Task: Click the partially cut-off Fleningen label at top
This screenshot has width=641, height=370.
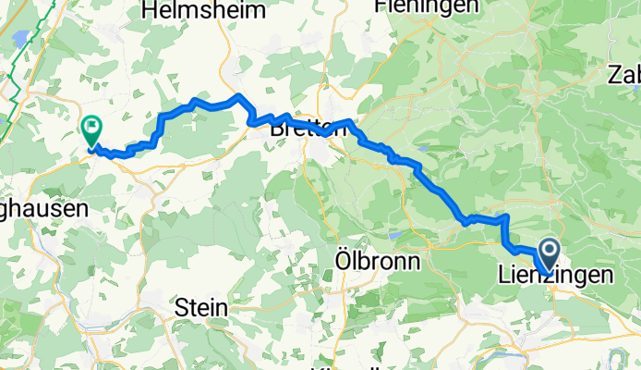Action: tap(427, 6)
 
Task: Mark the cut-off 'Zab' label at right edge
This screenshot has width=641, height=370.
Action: tap(624, 75)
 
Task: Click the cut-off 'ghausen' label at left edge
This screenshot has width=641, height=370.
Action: tap(43, 209)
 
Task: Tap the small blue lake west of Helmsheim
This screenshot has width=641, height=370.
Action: tap(18, 38)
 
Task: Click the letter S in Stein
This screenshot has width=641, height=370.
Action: tap(181, 308)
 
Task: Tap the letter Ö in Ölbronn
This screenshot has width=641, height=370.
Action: tap(338, 262)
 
